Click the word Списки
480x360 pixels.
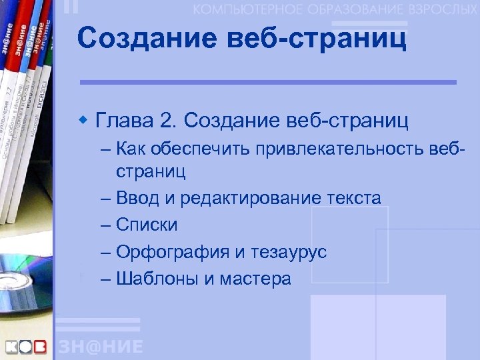(147, 225)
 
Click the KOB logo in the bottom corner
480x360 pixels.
(27, 347)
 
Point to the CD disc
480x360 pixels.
(23, 280)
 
